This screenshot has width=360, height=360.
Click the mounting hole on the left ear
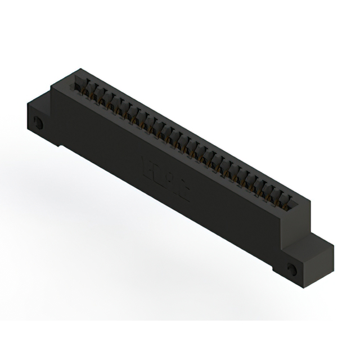[x=38, y=124]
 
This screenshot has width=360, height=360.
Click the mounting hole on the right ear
[x=292, y=269]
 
